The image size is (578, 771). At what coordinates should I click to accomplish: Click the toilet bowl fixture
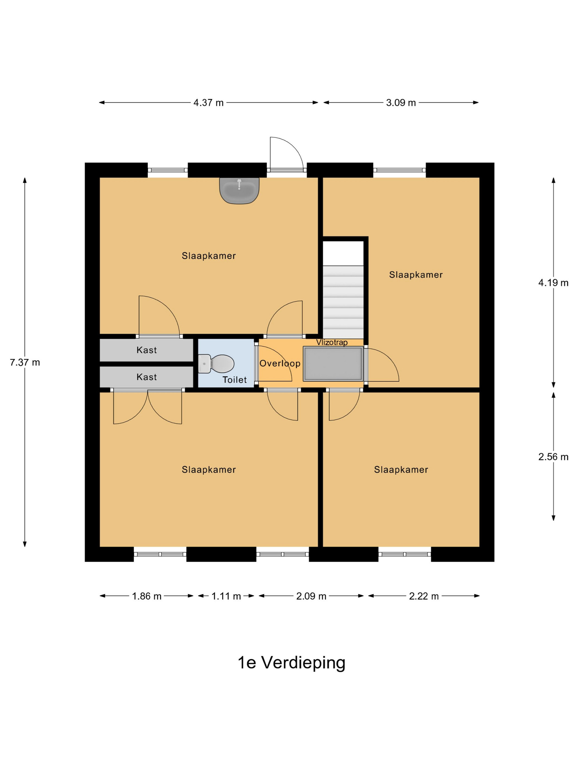tap(216, 363)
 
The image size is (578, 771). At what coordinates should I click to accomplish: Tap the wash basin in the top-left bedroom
tap(239, 191)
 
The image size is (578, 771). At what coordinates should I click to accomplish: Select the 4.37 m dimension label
tap(208, 103)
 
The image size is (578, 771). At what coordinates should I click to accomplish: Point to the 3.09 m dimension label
tap(401, 103)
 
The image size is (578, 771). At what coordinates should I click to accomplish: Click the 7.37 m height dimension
tap(25, 362)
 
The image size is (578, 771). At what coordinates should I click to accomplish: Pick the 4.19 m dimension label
tap(553, 283)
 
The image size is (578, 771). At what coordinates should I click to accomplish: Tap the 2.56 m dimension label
tap(553, 457)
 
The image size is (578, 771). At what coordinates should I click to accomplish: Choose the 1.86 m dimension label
tap(147, 596)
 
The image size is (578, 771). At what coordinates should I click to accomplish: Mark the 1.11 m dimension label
tap(226, 596)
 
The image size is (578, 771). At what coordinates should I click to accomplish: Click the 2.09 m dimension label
tap(311, 596)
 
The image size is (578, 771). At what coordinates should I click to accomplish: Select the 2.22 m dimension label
tap(424, 596)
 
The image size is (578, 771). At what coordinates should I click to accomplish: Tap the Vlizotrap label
tap(332, 342)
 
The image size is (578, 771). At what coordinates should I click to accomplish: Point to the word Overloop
tap(280, 363)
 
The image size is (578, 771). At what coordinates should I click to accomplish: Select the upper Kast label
tap(147, 350)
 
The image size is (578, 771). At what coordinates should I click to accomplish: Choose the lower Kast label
tap(147, 377)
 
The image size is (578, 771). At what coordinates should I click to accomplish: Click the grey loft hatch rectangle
tap(333, 363)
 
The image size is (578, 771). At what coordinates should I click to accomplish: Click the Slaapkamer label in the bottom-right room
tap(401, 469)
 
